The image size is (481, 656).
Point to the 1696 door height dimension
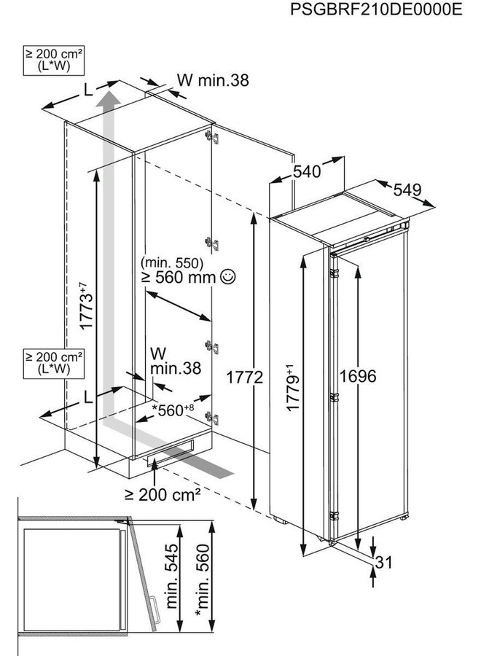(358, 376)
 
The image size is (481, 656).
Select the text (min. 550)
(172, 262)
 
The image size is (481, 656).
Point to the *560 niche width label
(173, 409)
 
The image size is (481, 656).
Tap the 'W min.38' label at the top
(212, 81)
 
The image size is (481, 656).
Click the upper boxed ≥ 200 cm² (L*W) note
(53, 59)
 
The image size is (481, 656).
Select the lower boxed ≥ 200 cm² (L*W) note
(53, 363)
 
